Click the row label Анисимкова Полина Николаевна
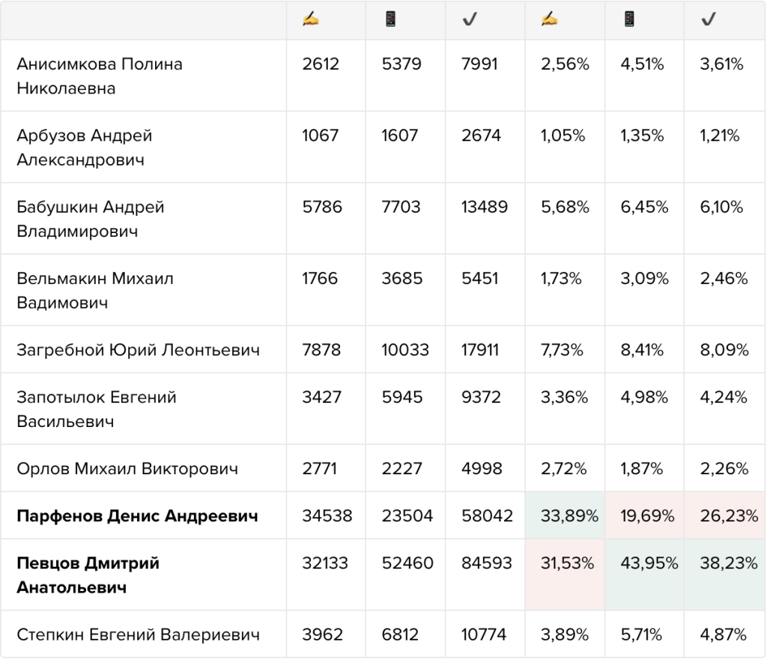pyautogui.click(x=100, y=76)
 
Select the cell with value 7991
pyautogui.click(x=479, y=64)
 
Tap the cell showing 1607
pyautogui.click(x=400, y=136)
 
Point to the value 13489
pyautogui.click(x=485, y=207)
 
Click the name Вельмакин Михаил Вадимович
pyautogui.click(x=95, y=290)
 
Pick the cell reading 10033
pyautogui.click(x=405, y=350)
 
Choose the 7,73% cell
pyautogui.click(x=562, y=350)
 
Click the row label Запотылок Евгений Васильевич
pyautogui.click(x=97, y=409)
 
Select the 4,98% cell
pyautogui.click(x=644, y=397)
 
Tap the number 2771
pyautogui.click(x=319, y=469)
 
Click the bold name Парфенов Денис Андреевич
pyautogui.click(x=138, y=515)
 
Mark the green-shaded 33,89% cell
pyautogui.click(x=566, y=515)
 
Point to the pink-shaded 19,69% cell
pyautogui.click(x=645, y=515)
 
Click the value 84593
pyautogui.click(x=487, y=563)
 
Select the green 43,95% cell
pyautogui.click(x=645, y=575)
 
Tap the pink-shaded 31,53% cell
pyautogui.click(x=566, y=575)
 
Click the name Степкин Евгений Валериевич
pyautogui.click(x=139, y=635)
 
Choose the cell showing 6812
pyautogui.click(x=400, y=635)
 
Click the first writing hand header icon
pyautogui.click(x=311, y=19)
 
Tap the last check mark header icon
pyautogui.click(x=709, y=19)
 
